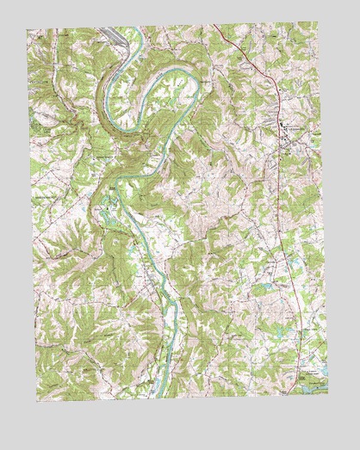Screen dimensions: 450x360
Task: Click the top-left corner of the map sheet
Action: point(27,31)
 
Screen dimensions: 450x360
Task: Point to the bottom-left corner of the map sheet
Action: point(36,402)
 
